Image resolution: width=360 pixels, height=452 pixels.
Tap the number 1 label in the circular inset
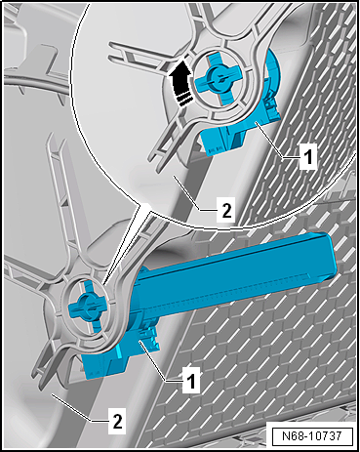307,156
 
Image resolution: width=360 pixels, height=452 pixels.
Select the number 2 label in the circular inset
226,210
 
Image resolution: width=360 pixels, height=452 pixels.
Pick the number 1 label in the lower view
191,380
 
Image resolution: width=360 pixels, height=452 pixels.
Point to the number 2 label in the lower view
117,421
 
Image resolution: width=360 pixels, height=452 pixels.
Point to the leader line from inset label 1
278,140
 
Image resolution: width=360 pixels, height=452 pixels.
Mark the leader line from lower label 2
79,408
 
